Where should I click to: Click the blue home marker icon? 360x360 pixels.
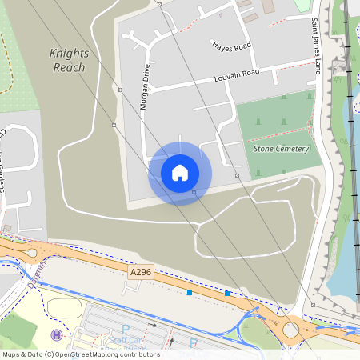[x=180, y=173]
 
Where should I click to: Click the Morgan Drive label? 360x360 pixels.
[x=145, y=87]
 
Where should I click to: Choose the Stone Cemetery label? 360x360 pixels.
[x=281, y=149]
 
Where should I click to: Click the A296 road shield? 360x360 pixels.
[x=140, y=273]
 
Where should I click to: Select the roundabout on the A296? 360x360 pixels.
[x=290, y=328]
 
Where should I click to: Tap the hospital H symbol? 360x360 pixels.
[x=56, y=334]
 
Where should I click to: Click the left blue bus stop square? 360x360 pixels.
[x=190, y=293]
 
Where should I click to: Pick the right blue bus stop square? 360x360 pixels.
[x=227, y=293]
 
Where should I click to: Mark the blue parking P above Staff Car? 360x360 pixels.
[x=125, y=328]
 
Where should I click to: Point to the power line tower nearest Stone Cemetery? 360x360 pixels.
[x=237, y=174]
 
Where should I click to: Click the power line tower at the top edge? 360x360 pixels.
[x=159, y=4]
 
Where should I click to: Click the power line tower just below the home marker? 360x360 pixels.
[x=194, y=192]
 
